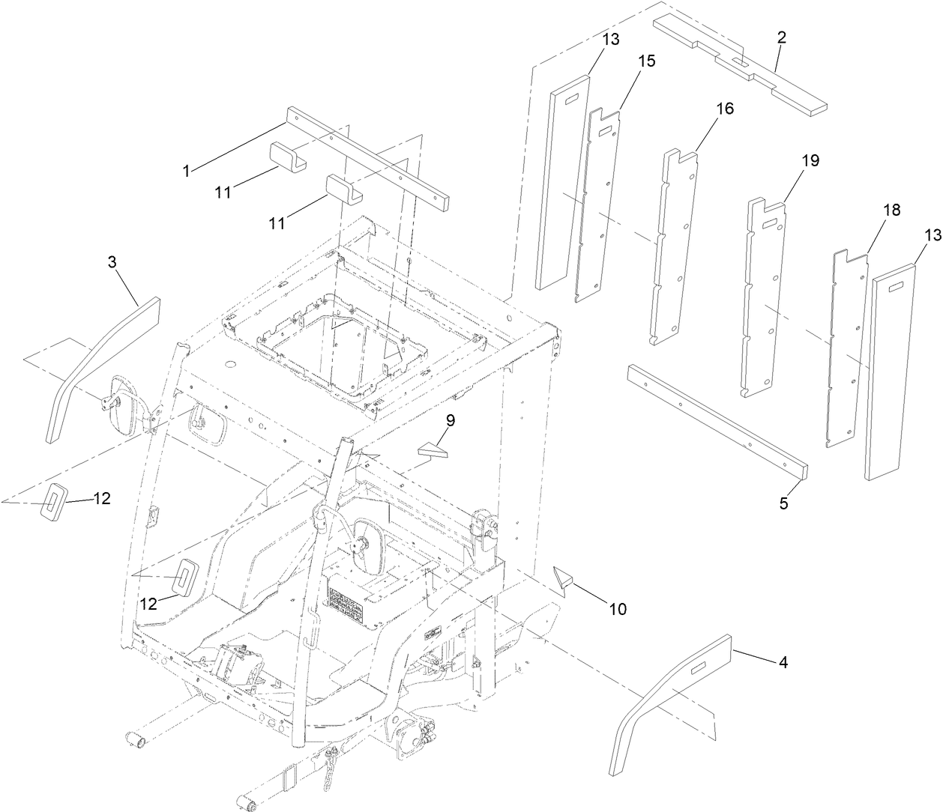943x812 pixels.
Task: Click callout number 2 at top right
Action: [x=781, y=38]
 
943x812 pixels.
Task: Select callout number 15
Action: [x=646, y=61]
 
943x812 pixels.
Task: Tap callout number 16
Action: [x=724, y=109]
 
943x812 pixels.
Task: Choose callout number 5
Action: [x=783, y=503]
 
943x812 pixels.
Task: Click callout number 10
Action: [x=617, y=609]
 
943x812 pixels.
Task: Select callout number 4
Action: [x=783, y=662]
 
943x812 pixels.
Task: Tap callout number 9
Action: [x=449, y=421]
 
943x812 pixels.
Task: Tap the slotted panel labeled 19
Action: [x=765, y=300]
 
